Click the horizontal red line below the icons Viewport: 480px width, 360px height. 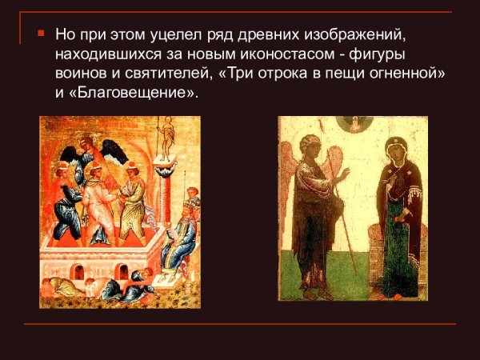coord(240,324)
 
